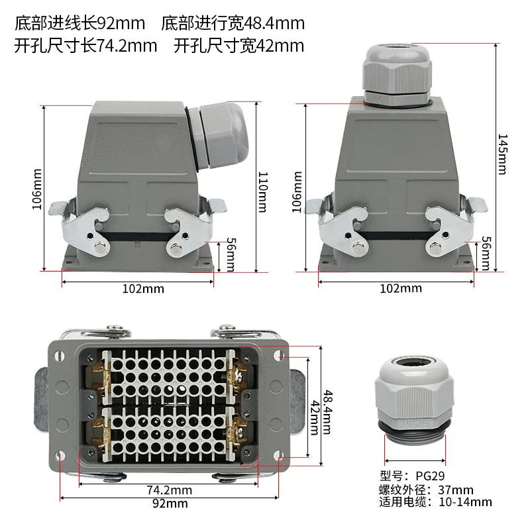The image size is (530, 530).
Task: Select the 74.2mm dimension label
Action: pos(169,490)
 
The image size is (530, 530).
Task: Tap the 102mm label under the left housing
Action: pos(142,289)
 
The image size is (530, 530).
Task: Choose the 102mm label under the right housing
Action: pos(400,288)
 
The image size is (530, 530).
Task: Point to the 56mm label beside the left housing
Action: pos(230,254)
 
